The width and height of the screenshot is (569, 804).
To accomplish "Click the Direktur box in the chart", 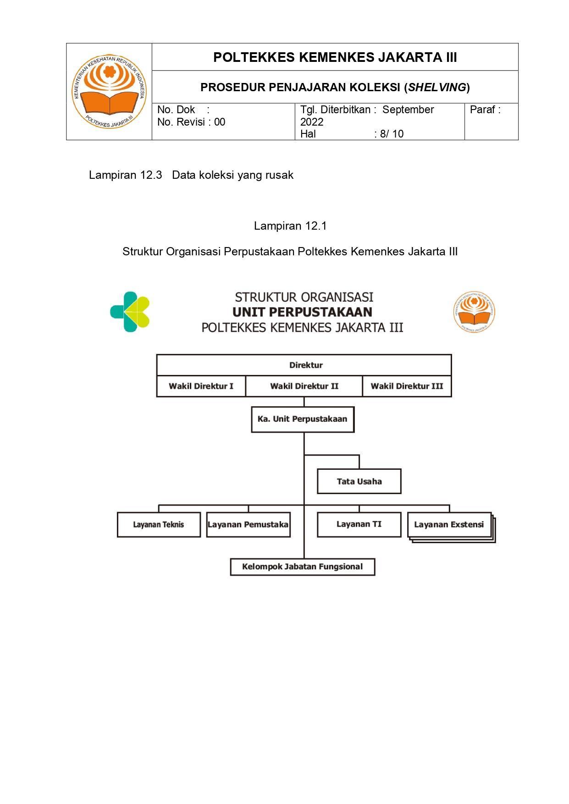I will (304, 365).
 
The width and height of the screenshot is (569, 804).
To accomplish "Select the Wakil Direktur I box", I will (201, 386).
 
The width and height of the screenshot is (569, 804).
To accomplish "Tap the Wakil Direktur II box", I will (304, 386).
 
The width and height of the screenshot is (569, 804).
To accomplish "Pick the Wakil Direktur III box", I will (407, 386).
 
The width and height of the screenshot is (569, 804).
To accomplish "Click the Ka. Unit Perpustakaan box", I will (303, 419).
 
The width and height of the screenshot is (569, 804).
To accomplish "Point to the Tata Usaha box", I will (359, 481).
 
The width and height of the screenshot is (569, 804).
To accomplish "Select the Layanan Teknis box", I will (159, 524).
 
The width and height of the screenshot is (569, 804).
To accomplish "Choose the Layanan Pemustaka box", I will (248, 524).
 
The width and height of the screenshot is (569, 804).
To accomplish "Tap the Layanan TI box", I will (359, 524).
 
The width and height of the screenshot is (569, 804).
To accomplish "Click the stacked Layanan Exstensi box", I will (449, 524).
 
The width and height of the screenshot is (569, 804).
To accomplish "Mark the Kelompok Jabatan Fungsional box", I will (303, 567).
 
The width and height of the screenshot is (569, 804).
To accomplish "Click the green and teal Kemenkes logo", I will (130, 312).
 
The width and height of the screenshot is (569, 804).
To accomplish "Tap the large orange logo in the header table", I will (109, 92).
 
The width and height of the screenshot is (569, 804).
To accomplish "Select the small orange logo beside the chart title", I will (474, 312).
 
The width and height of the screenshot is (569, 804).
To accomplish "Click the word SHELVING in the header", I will (436, 87).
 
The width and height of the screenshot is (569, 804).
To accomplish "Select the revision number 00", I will (220, 122).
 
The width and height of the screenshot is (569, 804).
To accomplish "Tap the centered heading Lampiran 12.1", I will (290, 226).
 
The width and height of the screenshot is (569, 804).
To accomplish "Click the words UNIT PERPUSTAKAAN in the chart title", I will (302, 312).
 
